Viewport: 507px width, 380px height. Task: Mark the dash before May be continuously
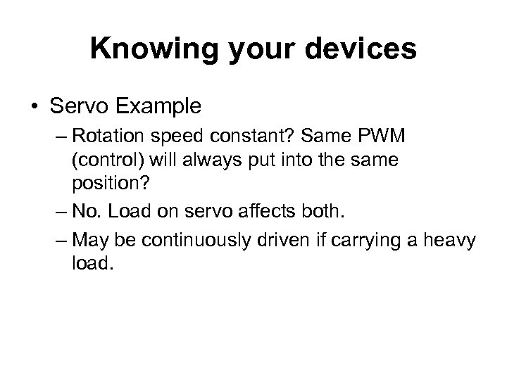(x=58, y=241)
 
